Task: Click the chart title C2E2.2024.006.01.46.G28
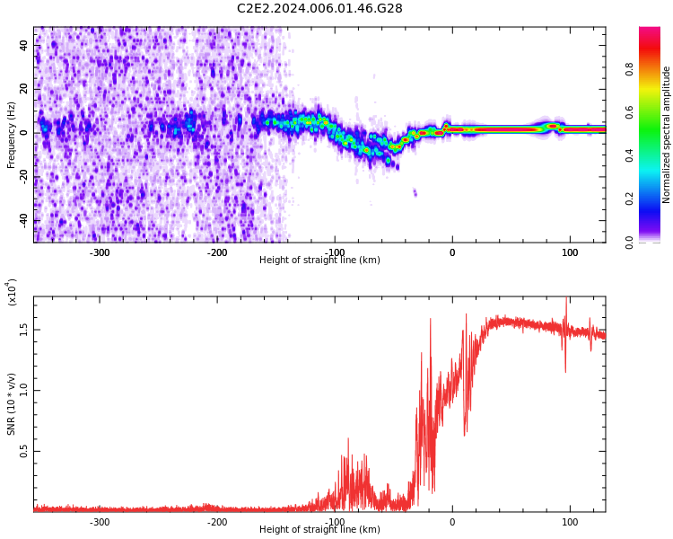[x=319, y=9]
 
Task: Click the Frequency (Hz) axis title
[x=12, y=135]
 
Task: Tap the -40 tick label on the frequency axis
[x=23, y=220]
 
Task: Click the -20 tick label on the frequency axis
[x=23, y=177]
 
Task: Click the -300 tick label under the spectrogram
[x=100, y=252]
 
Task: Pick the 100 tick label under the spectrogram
[x=570, y=252]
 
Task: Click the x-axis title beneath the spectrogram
[x=319, y=261]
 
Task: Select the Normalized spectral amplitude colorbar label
[x=667, y=135]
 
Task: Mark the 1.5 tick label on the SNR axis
[x=23, y=330]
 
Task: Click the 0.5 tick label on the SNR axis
[x=23, y=451]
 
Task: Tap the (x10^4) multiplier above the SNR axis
[x=12, y=293]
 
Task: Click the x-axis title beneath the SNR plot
[x=319, y=530]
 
